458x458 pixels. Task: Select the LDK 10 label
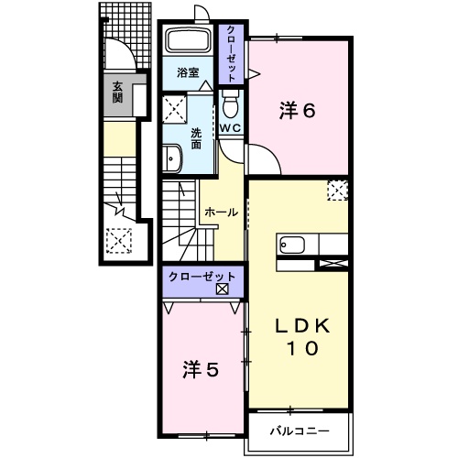coord(299,337)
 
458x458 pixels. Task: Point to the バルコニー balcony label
coord(298,430)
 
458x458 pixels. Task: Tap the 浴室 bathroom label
coord(189,72)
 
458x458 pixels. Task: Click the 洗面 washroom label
coord(195,137)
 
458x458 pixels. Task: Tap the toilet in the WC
coord(230,104)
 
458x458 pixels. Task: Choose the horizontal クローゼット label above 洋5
coord(202,276)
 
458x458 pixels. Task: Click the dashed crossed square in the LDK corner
coord(337,191)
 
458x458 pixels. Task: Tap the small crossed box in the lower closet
coord(222,289)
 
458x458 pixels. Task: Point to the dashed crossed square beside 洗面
coord(173,112)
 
